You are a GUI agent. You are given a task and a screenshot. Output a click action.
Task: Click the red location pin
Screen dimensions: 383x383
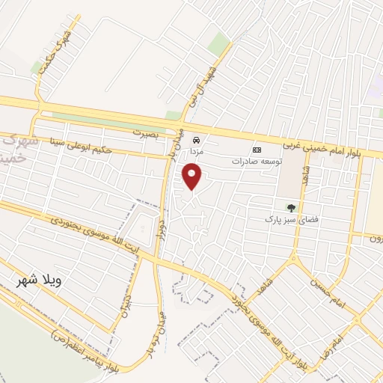coord(193,176)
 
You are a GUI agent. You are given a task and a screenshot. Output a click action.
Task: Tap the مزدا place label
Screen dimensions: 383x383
coord(196,151)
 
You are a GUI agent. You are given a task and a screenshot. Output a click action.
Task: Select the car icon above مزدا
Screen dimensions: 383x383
coord(197,140)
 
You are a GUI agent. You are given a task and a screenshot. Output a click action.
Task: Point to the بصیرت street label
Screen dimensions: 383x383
coord(147,132)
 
